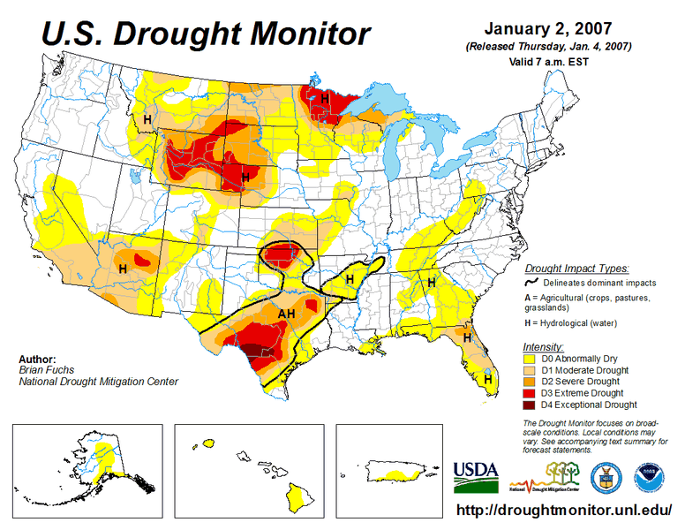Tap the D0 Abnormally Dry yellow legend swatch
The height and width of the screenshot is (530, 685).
point(533,359)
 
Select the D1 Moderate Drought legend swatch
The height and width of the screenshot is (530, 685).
point(533,370)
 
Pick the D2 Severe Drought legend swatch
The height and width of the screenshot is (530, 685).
point(533,382)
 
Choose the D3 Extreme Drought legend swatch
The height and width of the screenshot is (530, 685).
point(533,393)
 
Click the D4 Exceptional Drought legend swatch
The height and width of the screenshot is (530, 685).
point(533,405)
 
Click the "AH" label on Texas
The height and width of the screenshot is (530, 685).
point(287,314)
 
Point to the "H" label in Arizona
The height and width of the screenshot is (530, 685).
point(123,268)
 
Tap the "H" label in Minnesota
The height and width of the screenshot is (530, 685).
point(324,99)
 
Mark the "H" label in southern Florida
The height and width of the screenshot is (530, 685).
point(487,378)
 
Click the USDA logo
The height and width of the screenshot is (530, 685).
point(476,476)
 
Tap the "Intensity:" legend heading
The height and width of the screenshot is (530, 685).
point(543,346)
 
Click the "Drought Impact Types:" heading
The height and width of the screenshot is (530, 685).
point(576,268)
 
